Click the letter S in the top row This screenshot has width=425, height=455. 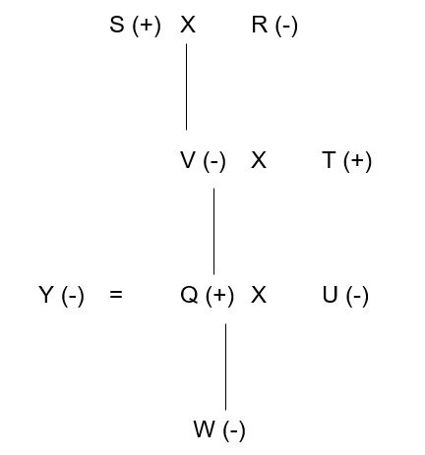117,25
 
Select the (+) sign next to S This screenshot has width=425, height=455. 147,26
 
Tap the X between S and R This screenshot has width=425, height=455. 188,25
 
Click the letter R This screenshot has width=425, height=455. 260,25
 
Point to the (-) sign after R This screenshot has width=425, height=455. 286,26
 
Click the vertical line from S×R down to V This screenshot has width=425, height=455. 187,86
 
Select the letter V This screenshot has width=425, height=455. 188,160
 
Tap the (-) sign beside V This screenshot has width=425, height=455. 214,161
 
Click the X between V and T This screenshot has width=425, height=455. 259,160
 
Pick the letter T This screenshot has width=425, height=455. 330,160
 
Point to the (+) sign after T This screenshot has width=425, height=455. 358,161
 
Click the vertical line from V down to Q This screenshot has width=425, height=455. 214,231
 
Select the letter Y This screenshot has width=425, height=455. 46,295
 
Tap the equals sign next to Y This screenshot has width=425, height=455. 116,295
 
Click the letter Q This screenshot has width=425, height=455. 189,295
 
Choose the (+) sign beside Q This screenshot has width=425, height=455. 220,296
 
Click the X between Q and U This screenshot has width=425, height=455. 259,295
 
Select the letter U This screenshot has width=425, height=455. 331,295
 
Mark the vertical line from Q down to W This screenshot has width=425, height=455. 225,367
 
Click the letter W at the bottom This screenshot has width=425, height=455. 205,428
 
